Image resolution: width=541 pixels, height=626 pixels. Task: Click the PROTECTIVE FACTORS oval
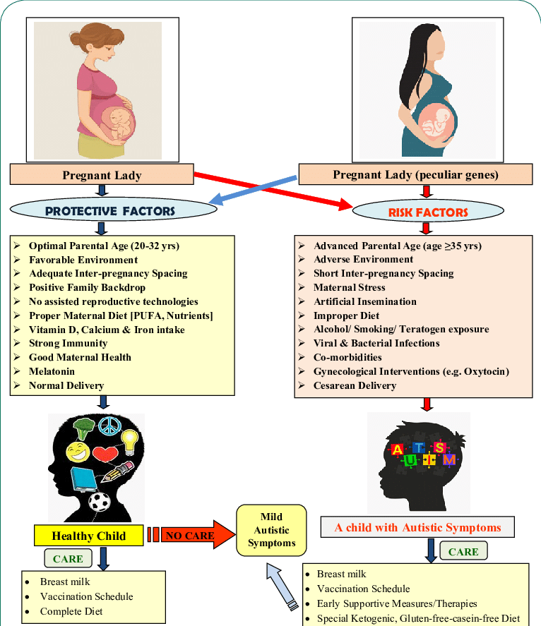pos(109,210)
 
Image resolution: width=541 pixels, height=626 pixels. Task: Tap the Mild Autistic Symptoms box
pos(271,531)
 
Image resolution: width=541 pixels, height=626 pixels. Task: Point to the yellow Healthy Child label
pos(89,536)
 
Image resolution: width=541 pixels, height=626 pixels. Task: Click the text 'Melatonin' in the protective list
pos(52,371)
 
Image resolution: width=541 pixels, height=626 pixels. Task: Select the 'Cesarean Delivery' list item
pos(355,385)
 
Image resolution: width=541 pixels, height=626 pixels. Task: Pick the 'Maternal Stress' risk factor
pos(350,287)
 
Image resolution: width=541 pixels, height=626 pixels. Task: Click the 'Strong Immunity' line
pos(68,343)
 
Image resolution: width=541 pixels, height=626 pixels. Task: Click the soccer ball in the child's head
pos(100,502)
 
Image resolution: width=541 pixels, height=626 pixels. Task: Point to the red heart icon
pos(105,455)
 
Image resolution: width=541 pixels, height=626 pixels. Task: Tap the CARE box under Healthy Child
pos(68,559)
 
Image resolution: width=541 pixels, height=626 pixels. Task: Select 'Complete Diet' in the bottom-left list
pos(71,610)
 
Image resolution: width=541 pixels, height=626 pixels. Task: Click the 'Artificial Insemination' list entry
pos(364,301)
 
